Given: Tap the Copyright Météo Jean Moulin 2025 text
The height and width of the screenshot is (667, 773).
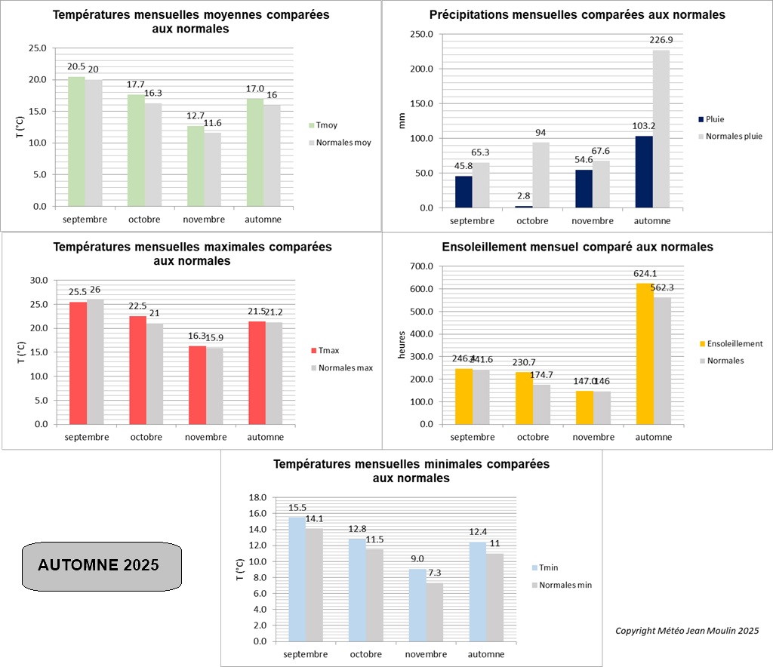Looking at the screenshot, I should click(x=686, y=631).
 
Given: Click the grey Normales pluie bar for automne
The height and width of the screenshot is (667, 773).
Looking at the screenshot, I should click(x=661, y=129).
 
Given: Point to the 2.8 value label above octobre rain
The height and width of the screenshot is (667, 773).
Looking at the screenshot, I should click(x=525, y=195).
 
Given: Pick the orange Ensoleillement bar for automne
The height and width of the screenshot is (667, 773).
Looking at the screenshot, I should click(x=645, y=354).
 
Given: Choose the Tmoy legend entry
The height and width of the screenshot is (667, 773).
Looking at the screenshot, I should click(x=328, y=126).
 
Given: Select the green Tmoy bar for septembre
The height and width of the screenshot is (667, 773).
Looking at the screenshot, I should click(x=76, y=141).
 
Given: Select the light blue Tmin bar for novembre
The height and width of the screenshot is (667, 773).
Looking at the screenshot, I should click(x=417, y=605).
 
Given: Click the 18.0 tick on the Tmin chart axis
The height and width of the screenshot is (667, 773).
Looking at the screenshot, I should click(x=258, y=497).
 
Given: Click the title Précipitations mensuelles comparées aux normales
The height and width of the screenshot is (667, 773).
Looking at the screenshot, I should click(x=577, y=14).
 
